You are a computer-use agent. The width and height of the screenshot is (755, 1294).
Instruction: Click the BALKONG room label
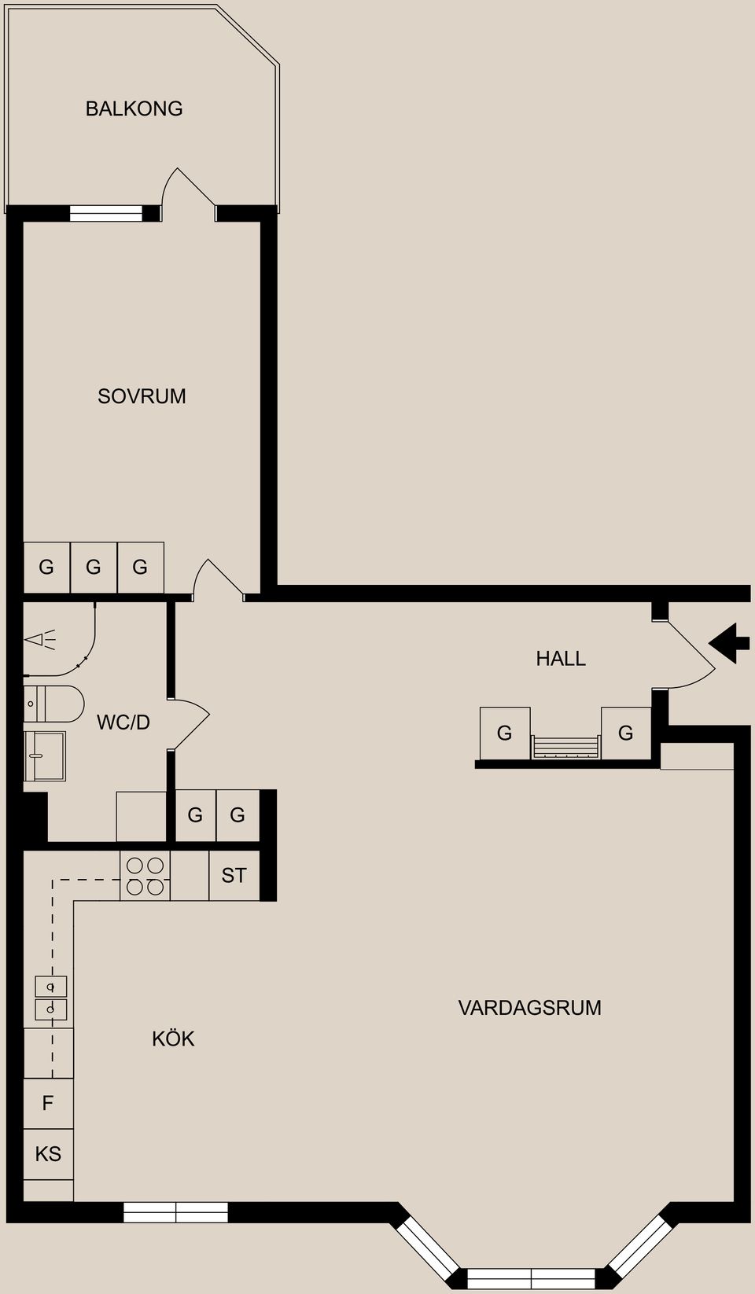tap(134, 108)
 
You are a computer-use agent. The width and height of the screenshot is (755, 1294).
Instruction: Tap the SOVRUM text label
tap(142, 396)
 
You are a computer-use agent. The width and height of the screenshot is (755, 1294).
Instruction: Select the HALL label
tap(561, 659)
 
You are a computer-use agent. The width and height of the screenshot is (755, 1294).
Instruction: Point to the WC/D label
tap(123, 722)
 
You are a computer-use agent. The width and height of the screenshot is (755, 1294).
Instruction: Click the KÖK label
tap(173, 1039)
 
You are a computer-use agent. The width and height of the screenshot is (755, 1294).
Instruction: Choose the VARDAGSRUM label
tap(529, 1008)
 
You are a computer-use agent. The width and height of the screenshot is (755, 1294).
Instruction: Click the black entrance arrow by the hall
tap(729, 643)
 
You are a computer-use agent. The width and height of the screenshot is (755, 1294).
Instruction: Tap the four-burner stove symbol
tap(145, 876)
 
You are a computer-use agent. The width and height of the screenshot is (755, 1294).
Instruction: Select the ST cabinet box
tap(234, 876)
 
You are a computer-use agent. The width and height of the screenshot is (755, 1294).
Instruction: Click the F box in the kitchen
tap(48, 1104)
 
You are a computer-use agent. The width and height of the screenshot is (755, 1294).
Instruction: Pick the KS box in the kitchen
tap(48, 1154)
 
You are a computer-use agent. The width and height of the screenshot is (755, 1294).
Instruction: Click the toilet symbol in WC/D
tap(53, 704)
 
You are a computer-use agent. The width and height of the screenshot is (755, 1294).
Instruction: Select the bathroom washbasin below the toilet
tap(44, 755)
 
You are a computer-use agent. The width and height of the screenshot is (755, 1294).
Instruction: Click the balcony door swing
tap(186, 193)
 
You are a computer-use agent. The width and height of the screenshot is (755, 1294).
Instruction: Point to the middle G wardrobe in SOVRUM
tap(94, 567)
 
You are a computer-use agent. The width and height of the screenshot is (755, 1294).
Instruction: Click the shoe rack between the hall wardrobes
tap(565, 747)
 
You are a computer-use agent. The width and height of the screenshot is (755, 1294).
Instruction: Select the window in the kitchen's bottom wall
tap(175, 1212)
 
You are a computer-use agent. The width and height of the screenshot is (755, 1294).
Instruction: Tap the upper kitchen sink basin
tap(50, 986)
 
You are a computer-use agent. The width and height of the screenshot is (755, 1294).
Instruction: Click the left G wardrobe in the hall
tap(505, 733)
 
